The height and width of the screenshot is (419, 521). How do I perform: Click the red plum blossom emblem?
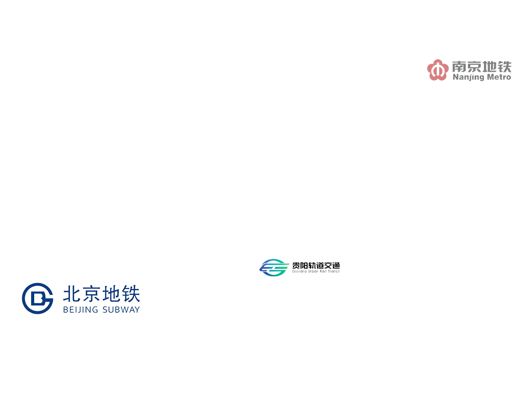point(437,70)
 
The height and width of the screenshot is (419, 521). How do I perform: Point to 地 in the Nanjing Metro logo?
point(489,66)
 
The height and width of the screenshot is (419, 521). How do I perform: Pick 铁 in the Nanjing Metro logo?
point(504,66)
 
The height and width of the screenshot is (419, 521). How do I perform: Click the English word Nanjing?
point(467,77)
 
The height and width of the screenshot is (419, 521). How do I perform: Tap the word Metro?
point(497,77)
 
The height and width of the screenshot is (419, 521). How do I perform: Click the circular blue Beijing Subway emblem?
point(38,298)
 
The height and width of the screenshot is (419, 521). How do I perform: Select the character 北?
point(71,293)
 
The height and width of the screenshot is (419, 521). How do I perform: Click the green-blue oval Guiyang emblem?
point(274,267)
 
